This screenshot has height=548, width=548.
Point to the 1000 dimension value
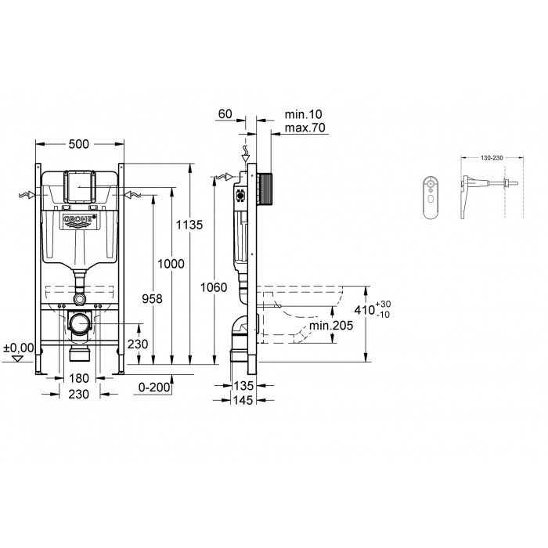172,264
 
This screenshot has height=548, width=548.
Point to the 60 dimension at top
225,114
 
